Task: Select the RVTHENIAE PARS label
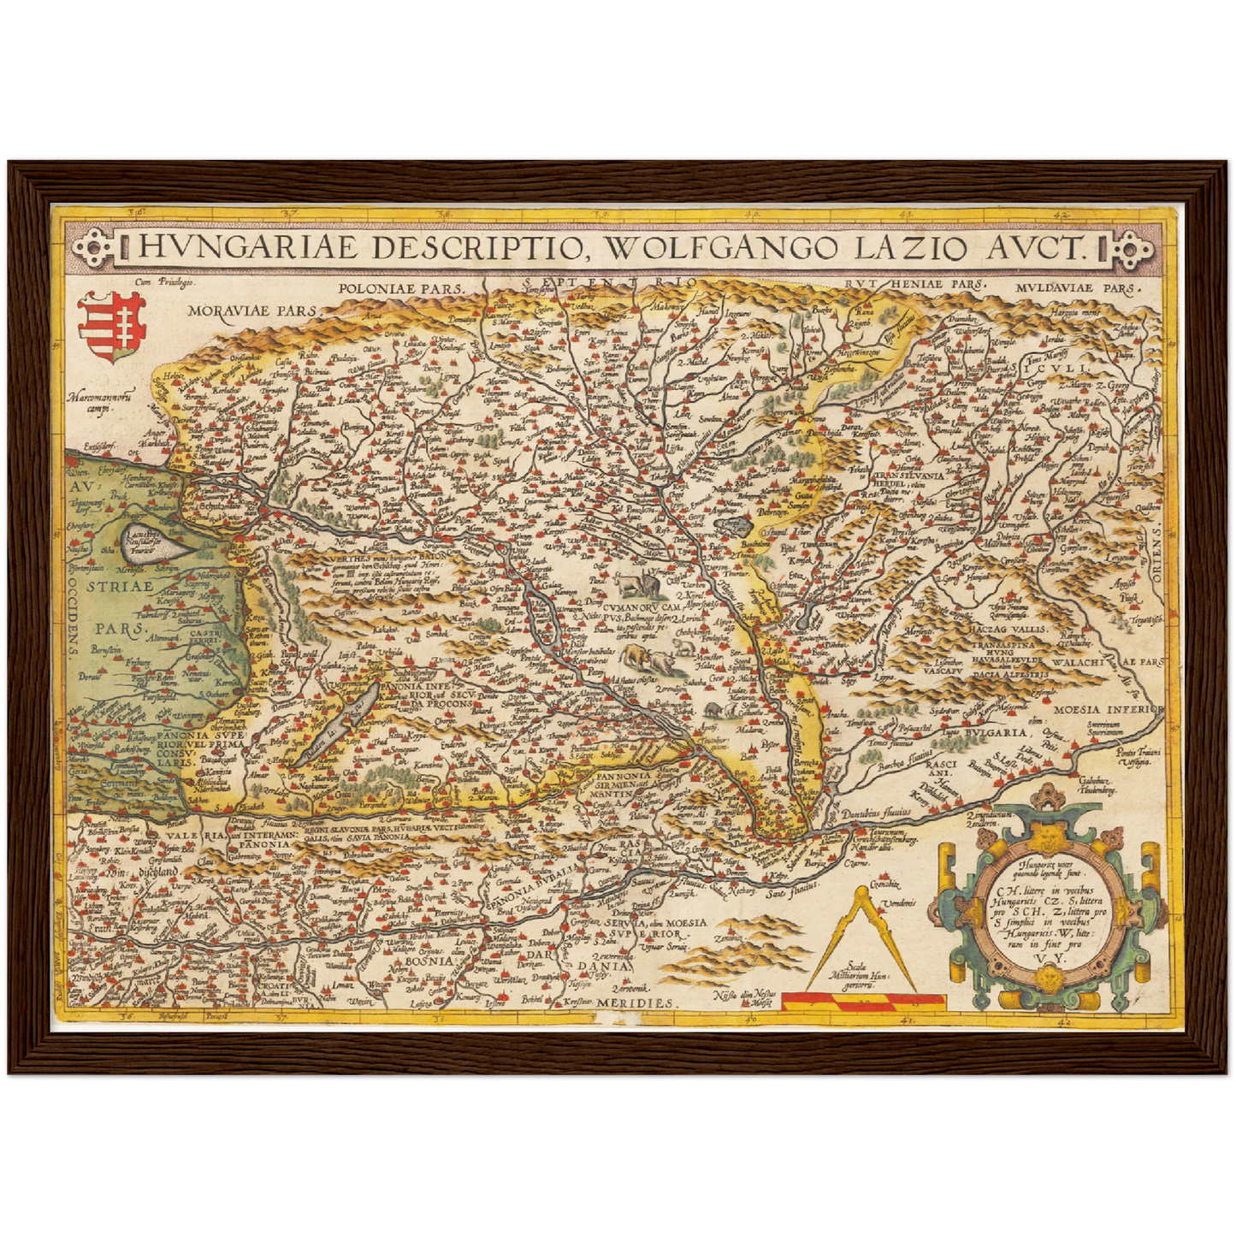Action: coord(914,284)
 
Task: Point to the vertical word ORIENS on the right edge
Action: coord(1154,555)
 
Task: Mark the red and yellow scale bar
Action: coord(864,998)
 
